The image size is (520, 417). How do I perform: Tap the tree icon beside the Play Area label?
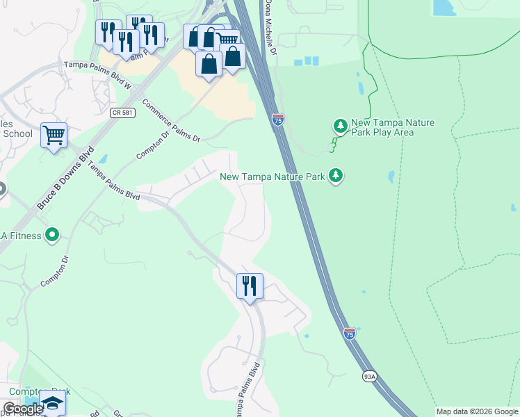[340, 126]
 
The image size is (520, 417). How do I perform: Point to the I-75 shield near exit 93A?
[350, 334]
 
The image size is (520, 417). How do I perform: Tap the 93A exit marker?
[370, 377]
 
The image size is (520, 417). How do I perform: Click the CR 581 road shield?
[122, 112]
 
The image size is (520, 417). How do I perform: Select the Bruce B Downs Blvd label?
[65, 178]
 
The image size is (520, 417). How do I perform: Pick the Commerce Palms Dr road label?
[171, 120]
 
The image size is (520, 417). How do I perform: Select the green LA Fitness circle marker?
[51, 236]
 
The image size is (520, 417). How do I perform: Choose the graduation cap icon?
[53, 403]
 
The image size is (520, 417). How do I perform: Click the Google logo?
[24, 409]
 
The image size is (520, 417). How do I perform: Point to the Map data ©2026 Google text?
[477, 411]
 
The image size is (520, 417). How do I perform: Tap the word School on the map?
[17, 134]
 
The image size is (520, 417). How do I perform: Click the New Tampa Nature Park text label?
[273, 177]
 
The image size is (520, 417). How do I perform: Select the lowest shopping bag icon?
[209, 64]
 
